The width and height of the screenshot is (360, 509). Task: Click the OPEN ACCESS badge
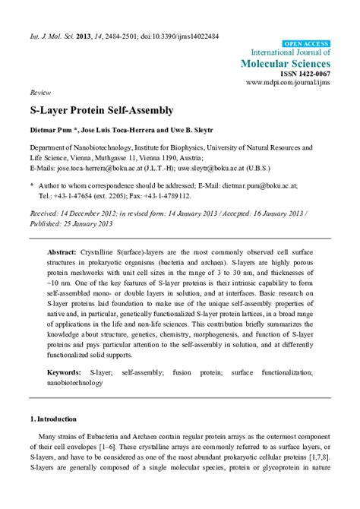[306, 45]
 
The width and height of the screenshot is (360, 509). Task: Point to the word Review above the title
[39, 90]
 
